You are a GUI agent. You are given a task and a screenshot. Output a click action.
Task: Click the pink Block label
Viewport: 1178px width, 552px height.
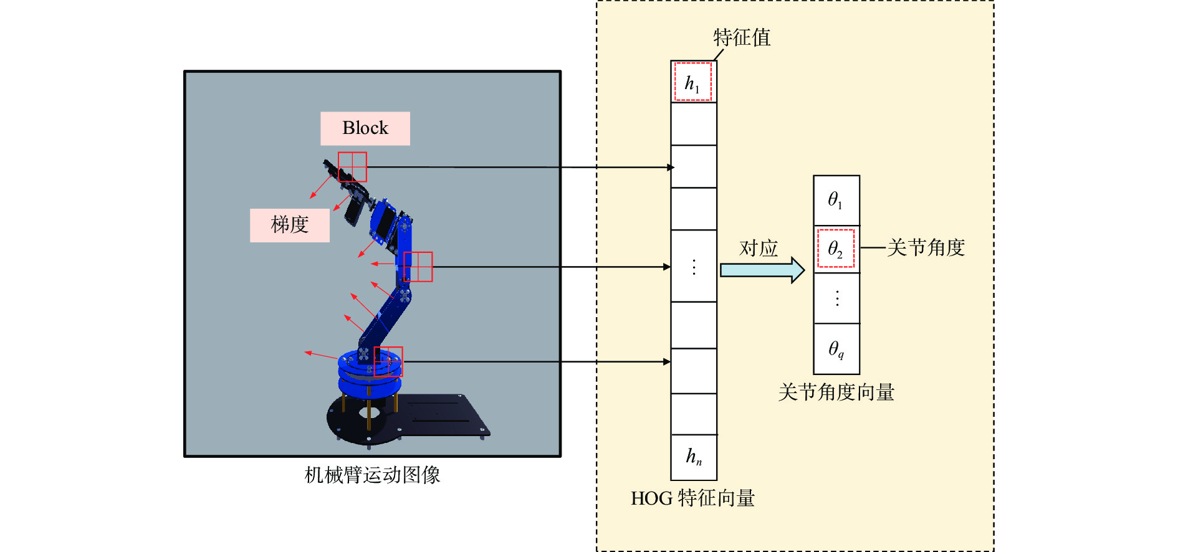tap(365, 128)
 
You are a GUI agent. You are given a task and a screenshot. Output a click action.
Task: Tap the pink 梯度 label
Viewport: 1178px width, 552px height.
tap(290, 225)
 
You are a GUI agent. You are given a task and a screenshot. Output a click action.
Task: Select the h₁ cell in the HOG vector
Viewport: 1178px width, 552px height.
tap(694, 82)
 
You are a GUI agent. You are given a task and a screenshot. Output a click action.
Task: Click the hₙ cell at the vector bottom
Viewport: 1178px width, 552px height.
tap(694, 457)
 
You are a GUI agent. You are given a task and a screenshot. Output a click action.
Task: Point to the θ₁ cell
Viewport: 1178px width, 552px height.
tap(836, 201)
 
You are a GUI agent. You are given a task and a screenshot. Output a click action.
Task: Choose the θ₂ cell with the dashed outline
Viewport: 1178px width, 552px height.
tap(836, 249)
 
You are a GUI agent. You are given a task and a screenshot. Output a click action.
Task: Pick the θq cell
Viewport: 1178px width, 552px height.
tap(836, 349)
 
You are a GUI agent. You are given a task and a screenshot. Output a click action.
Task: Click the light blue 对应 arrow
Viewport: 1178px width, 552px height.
tap(762, 270)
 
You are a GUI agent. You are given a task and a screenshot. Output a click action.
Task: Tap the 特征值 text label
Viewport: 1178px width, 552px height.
tap(742, 37)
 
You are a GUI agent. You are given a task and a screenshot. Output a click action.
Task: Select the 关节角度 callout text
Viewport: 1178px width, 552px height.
tap(926, 248)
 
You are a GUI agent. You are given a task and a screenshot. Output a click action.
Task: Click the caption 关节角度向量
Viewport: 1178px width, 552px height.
tap(836, 393)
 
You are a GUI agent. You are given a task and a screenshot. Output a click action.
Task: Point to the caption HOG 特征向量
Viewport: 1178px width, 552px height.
tap(693, 498)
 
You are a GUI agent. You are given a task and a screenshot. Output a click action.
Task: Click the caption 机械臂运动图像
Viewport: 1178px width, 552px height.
tap(372, 475)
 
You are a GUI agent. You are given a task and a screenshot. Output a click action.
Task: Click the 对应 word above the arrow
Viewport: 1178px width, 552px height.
tap(759, 249)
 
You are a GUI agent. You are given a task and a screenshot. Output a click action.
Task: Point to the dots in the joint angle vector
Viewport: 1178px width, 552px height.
tap(837, 298)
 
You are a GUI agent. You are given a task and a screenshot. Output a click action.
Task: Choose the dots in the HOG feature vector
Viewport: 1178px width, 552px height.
tap(694, 267)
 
